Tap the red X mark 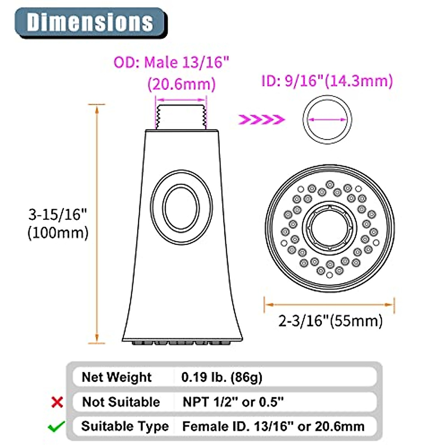(x=57, y=402)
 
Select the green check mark (x=56, y=426)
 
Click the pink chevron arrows (x=262, y=119)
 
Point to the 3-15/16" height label (x=58, y=215)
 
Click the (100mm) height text (x=58, y=233)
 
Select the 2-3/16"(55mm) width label (x=330, y=321)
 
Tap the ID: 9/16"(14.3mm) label (x=327, y=81)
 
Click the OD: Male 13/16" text (x=171, y=62)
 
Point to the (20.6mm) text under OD (x=181, y=84)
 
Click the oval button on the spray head (x=181, y=207)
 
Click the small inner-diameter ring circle (x=327, y=119)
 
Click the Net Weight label (x=116, y=377)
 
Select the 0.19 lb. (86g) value (x=222, y=377)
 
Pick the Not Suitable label (x=121, y=402)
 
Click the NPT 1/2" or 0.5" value (x=233, y=402)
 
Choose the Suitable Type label (x=125, y=426)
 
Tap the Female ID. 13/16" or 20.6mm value (x=273, y=426)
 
